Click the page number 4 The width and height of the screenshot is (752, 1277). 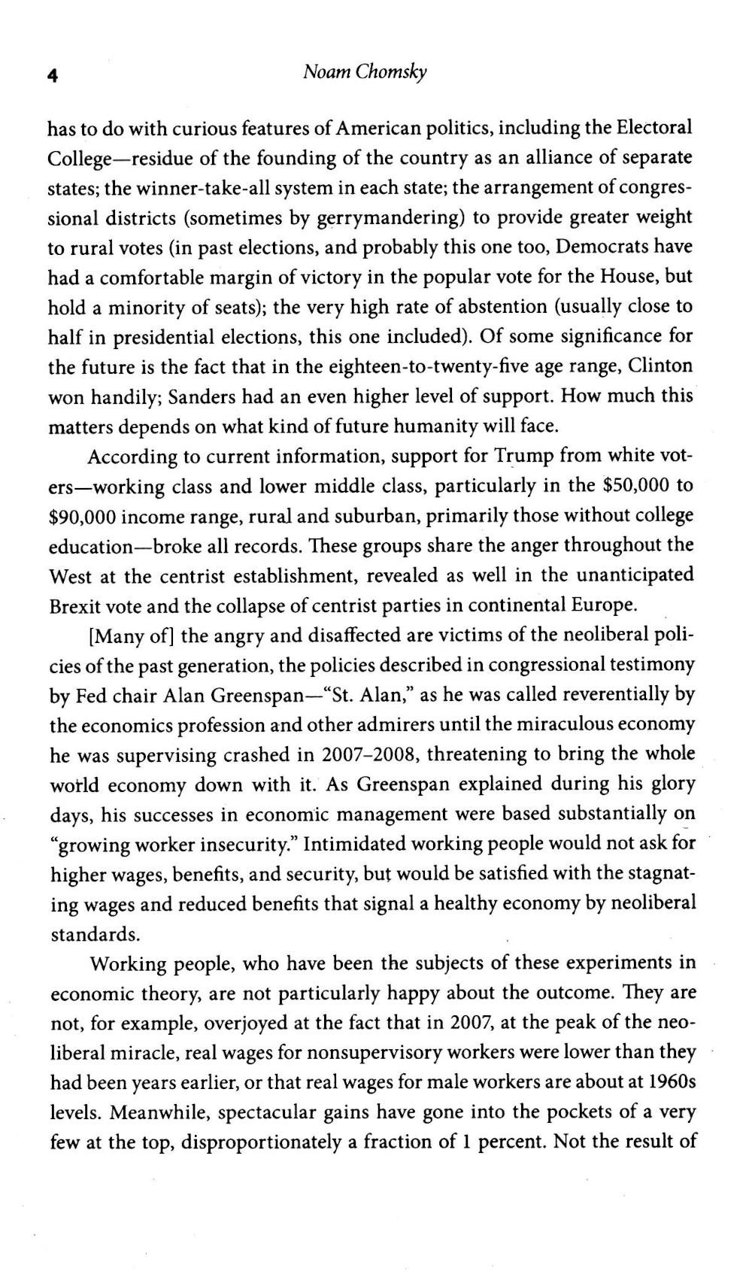click(52, 74)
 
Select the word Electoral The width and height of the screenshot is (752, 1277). click(654, 128)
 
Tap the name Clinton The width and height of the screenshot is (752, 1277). click(660, 366)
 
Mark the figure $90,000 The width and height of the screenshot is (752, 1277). click(81, 516)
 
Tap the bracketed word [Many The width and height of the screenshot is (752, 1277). click(116, 635)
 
